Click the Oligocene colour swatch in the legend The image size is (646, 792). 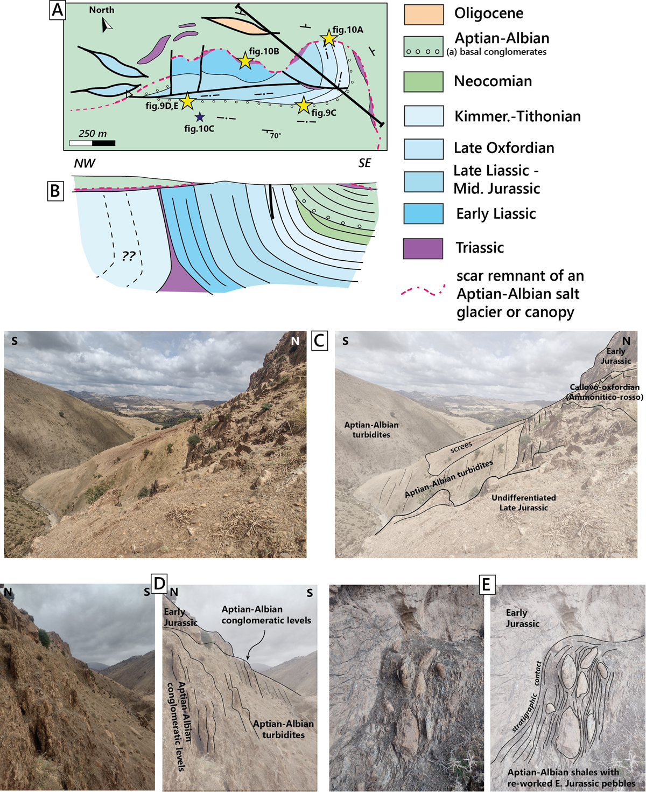(424, 15)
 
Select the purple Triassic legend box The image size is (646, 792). (423, 248)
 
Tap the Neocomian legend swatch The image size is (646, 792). (424, 81)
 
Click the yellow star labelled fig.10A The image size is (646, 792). (328, 38)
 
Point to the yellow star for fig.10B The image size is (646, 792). (245, 60)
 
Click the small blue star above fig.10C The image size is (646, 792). (199, 117)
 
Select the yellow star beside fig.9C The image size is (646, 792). (303, 105)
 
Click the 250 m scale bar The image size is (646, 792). (92, 143)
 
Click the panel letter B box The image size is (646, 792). (55, 191)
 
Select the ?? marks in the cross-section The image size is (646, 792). (129, 256)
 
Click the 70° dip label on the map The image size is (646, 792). (276, 136)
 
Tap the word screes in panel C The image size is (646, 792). (461, 447)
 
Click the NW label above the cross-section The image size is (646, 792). (85, 163)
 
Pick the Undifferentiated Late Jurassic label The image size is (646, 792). (524, 503)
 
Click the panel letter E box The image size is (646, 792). (486, 585)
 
